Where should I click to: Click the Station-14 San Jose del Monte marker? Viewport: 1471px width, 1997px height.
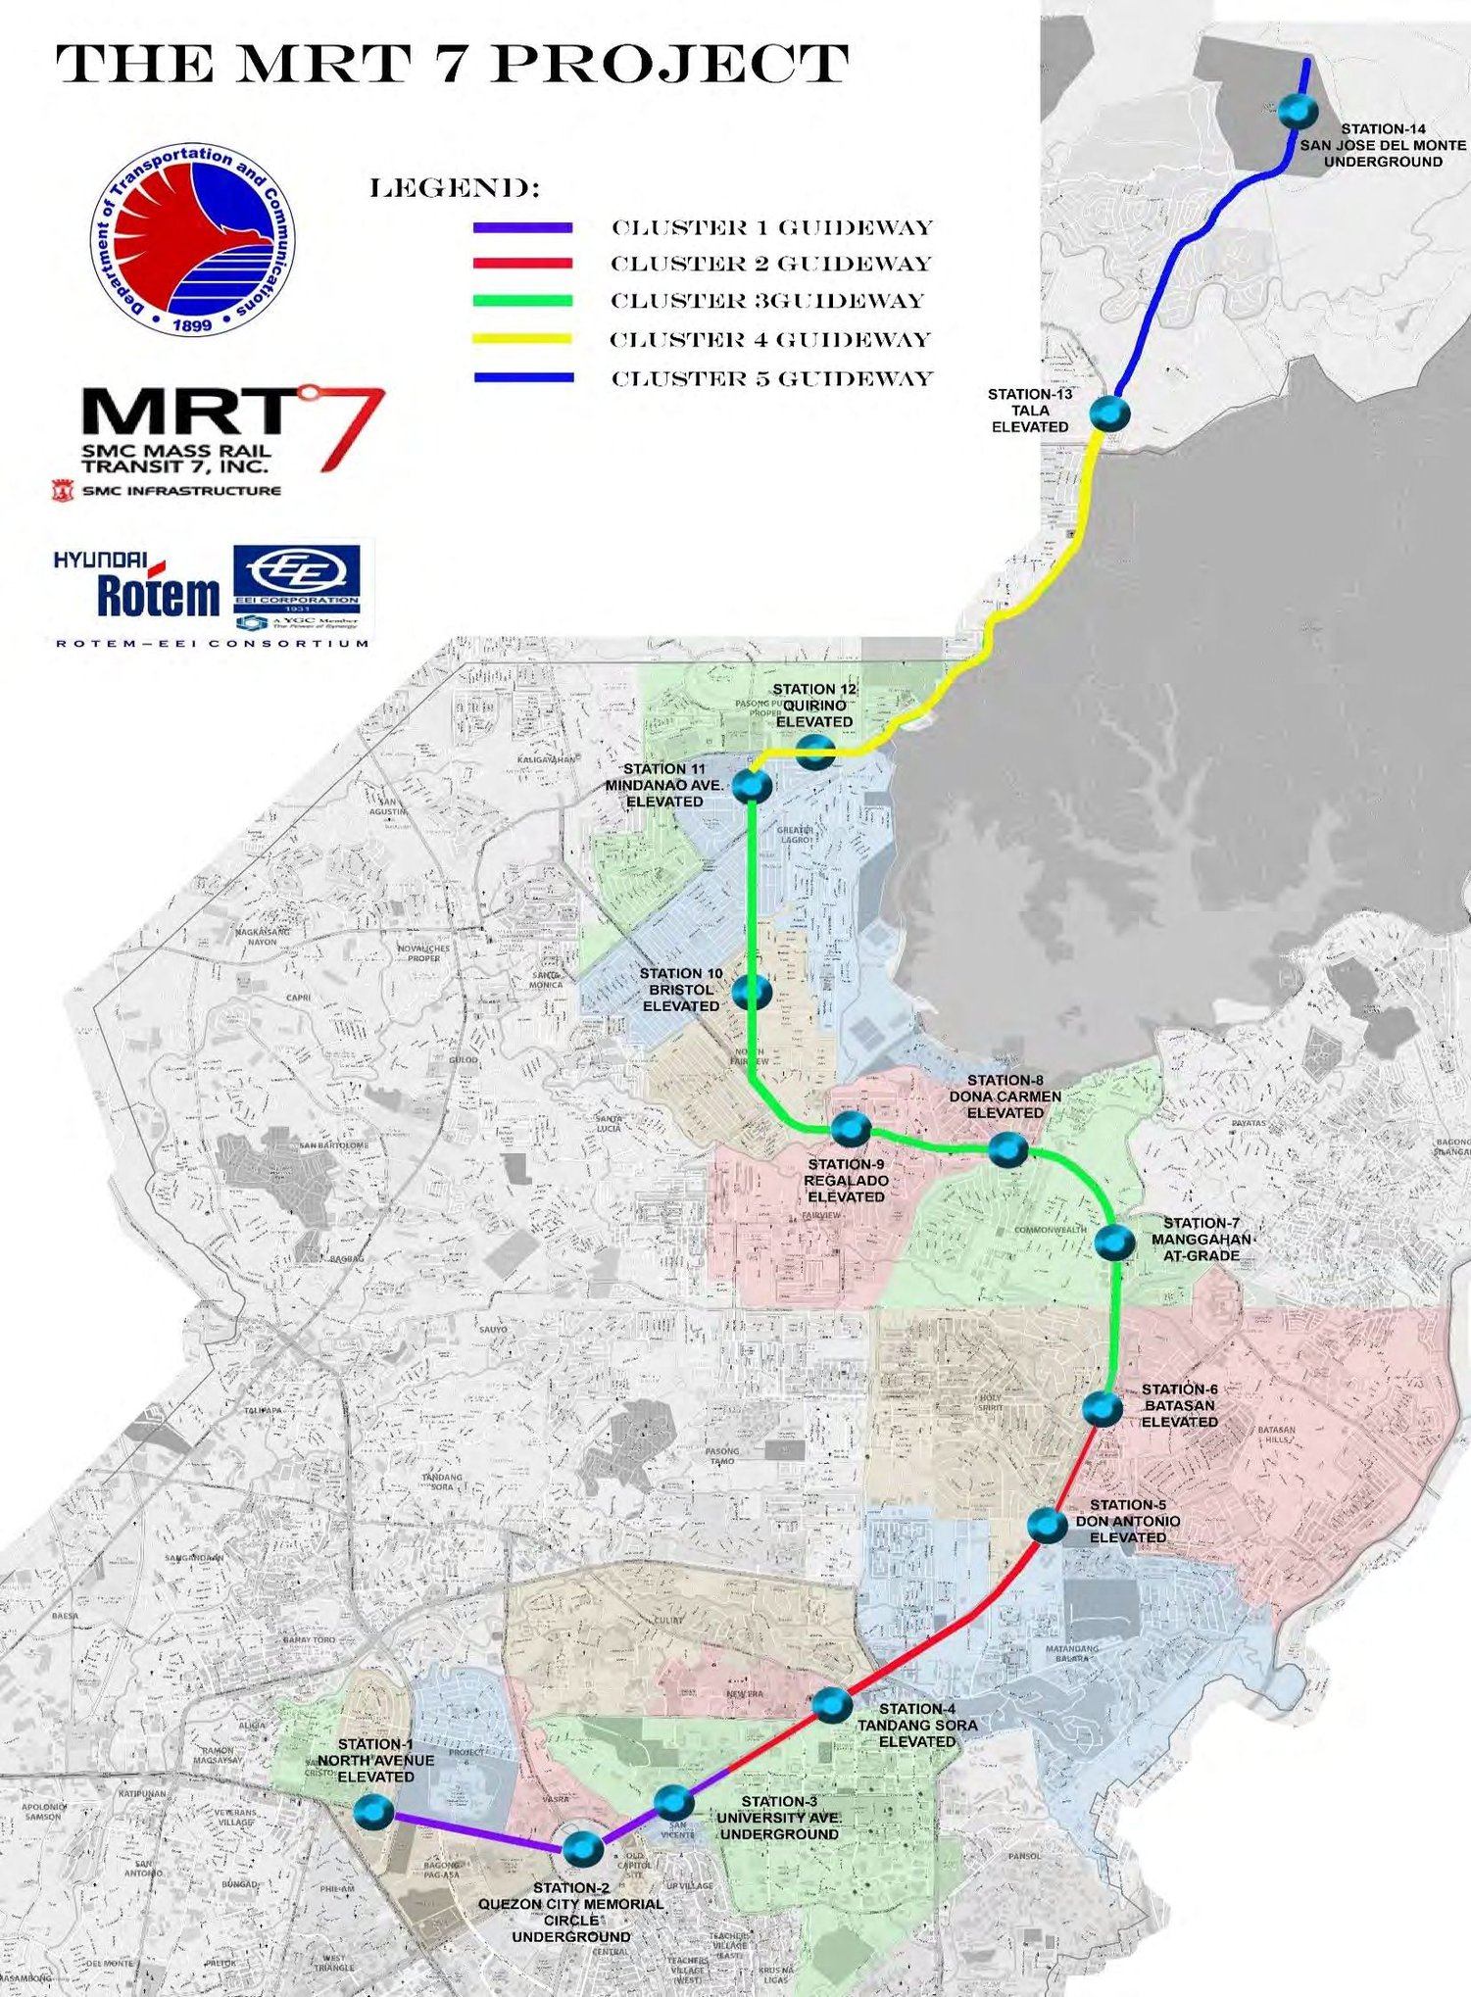[1299, 111]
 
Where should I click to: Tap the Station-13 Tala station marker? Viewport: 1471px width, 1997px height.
[1109, 413]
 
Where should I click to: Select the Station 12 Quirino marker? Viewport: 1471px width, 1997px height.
[815, 752]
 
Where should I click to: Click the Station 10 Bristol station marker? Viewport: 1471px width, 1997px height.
[752, 993]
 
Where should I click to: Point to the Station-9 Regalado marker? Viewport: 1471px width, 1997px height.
[851, 1128]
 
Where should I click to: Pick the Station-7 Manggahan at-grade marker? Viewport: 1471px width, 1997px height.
[1114, 1242]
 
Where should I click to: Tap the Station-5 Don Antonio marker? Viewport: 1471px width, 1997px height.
[1047, 1526]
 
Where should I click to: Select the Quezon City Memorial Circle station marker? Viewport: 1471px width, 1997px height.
[583, 1848]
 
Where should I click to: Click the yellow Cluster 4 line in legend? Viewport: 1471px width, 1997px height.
[522, 339]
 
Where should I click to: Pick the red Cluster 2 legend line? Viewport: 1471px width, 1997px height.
[522, 264]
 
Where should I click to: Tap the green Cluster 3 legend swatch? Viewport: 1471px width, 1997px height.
[522, 301]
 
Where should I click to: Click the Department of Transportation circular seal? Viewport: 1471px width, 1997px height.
[194, 238]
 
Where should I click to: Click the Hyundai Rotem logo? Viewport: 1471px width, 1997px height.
[137, 586]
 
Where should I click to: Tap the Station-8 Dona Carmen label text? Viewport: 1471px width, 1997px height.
[1005, 1096]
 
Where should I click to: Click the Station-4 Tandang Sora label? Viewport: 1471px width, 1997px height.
[917, 1725]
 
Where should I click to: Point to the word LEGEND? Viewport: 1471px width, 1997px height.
[455, 188]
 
